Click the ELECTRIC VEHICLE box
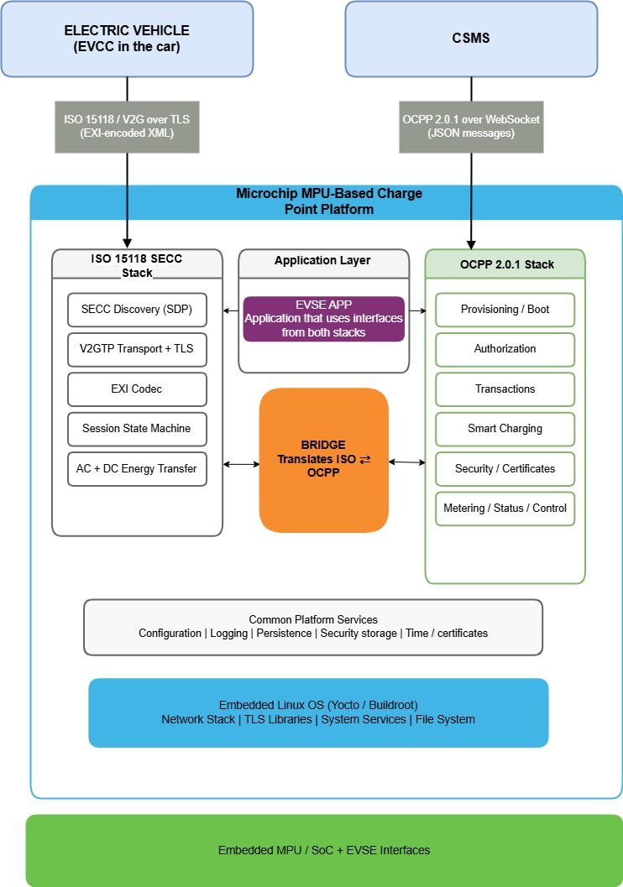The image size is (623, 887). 127,39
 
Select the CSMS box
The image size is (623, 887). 471,39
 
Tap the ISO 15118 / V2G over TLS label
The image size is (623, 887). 127,127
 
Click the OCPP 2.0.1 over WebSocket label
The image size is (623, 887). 471,127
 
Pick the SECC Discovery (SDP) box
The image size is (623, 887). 137,310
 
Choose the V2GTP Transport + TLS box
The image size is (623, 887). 137,349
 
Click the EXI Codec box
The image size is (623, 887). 137,389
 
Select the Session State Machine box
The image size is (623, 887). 137,429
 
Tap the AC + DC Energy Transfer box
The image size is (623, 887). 137,469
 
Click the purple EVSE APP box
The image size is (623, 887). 323,319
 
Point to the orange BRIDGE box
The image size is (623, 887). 323,460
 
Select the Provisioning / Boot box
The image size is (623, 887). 505,310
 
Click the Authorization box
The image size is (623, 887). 505,349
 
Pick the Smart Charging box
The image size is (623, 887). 505,429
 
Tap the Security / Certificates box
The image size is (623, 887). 505,469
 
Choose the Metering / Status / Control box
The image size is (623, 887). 505,509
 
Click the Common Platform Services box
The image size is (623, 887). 313,628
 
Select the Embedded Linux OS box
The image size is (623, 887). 318,712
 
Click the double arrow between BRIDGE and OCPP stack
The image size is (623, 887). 407,462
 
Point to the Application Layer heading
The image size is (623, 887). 322,260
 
